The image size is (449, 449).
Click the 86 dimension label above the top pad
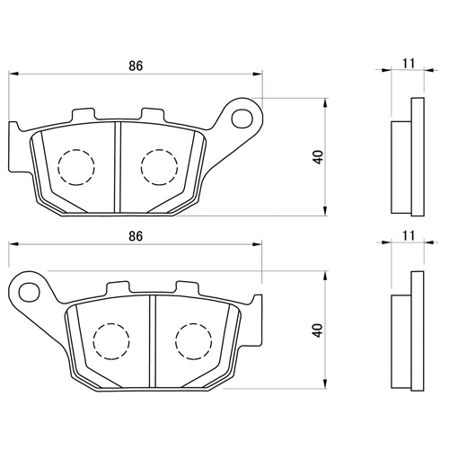coord(136,66)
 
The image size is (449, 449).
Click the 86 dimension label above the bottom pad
coord(136,236)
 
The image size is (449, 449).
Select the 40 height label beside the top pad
coord(318,157)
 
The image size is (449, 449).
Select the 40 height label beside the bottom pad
coord(318,330)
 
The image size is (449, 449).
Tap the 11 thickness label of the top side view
coord(409,64)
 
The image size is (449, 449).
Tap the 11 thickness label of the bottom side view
coord(409,235)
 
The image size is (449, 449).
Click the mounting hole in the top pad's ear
coord(242,119)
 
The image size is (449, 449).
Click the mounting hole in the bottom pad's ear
coord(30,291)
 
